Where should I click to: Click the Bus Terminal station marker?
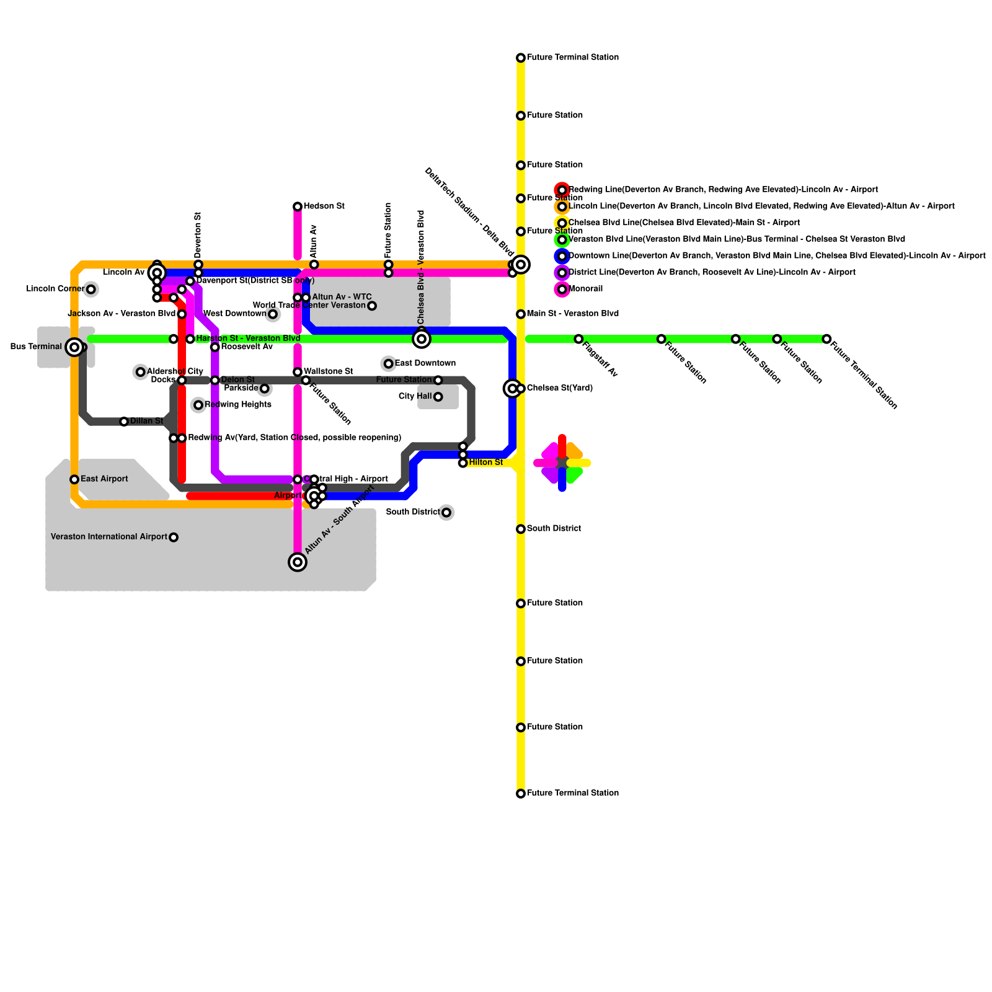74,347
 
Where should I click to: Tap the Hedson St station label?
324,206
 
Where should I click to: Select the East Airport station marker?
74,479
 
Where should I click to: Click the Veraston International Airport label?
109,537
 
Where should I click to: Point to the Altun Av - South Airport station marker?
298,562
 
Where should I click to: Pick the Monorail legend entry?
585,289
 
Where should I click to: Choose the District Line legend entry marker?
562,273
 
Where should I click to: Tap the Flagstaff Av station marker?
578,339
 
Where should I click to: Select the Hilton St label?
485,463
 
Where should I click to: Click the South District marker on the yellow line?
521,529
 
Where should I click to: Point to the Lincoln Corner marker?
91,289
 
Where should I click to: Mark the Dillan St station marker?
124,422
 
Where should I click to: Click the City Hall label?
415,397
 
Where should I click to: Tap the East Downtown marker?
388,364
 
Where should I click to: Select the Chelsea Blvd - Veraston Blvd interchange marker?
422,339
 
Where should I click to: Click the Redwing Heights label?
238,405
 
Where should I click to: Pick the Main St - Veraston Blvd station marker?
521,314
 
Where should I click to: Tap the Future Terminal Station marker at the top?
521,58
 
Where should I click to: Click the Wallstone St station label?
328,372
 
